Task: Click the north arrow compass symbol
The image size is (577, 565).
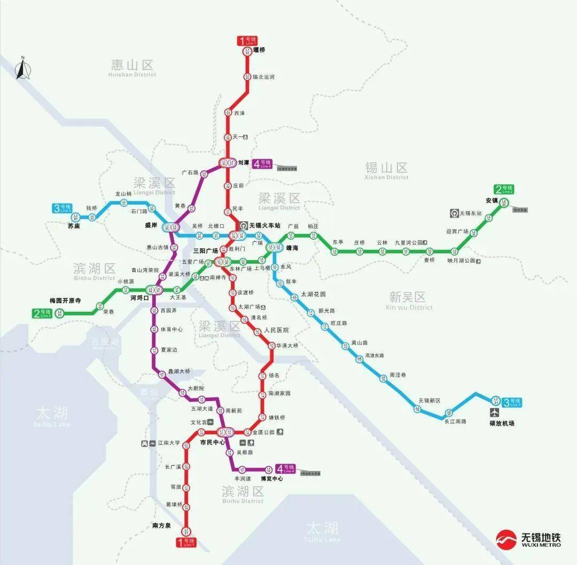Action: pyautogui.click(x=22, y=69)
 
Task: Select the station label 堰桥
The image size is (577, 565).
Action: pyautogui.click(x=259, y=50)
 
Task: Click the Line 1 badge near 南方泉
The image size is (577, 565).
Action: pyautogui.click(x=186, y=542)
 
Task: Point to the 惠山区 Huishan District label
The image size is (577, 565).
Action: pyautogui.click(x=132, y=67)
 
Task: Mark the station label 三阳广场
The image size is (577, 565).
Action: pyautogui.click(x=205, y=250)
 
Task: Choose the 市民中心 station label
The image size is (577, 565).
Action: pyautogui.click(x=212, y=443)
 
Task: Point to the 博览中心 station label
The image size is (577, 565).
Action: pyautogui.click(x=271, y=479)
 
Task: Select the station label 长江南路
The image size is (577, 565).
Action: pyautogui.click(x=455, y=421)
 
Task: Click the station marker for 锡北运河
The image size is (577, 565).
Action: pyautogui.click(x=247, y=77)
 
